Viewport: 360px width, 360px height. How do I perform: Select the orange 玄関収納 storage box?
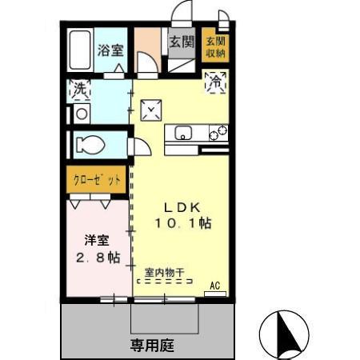[x=214, y=47]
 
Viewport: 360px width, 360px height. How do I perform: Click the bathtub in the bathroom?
[x=80, y=50]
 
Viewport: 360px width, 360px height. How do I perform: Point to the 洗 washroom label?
[x=81, y=90]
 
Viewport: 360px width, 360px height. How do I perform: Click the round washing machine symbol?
[x=80, y=114]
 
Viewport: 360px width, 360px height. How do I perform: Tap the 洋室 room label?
[x=96, y=239]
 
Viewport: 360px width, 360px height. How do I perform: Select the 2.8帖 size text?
[x=97, y=258]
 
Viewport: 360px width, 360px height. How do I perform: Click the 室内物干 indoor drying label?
[x=164, y=273]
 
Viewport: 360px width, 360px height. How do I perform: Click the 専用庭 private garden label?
[x=151, y=346]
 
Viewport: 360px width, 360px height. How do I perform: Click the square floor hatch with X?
[x=150, y=110]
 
